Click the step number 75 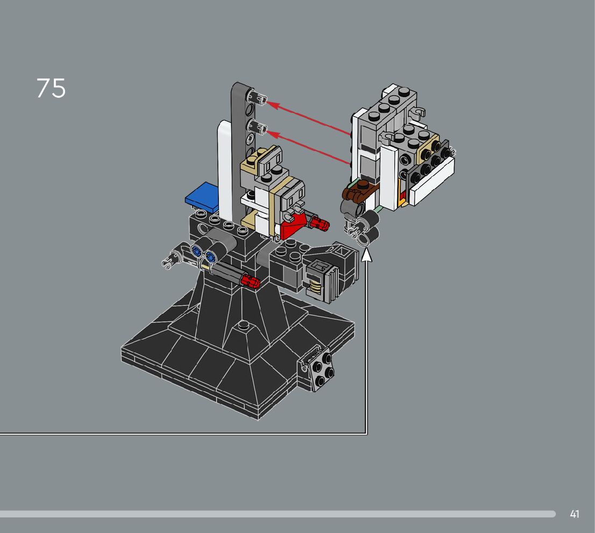(51, 88)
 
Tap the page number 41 (575, 514)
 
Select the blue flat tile (203, 197)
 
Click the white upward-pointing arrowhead (366, 255)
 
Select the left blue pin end (196, 250)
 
